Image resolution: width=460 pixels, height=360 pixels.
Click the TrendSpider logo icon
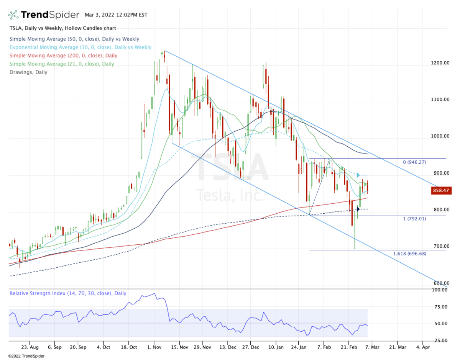coord(13,15)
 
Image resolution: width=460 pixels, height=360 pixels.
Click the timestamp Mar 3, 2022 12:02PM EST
coord(116,15)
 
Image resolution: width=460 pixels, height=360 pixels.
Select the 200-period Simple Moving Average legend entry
coord(63,56)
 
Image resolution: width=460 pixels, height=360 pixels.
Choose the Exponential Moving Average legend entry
coord(80,47)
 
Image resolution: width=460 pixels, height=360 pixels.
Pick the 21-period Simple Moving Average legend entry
coord(62,64)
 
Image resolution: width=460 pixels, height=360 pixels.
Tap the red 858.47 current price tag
coord(440,190)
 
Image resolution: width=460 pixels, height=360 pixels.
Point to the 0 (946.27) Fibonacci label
coord(414,162)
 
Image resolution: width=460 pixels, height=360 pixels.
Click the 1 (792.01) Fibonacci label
coord(414,219)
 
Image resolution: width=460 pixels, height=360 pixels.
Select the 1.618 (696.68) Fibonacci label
coord(410,254)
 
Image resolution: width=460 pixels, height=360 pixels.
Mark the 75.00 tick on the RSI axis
coord(441,307)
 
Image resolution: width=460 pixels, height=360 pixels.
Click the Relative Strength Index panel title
coord(68,294)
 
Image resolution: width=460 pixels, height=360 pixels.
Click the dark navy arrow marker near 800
coord(358,209)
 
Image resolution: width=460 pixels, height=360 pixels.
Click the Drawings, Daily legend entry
coord(28,72)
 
